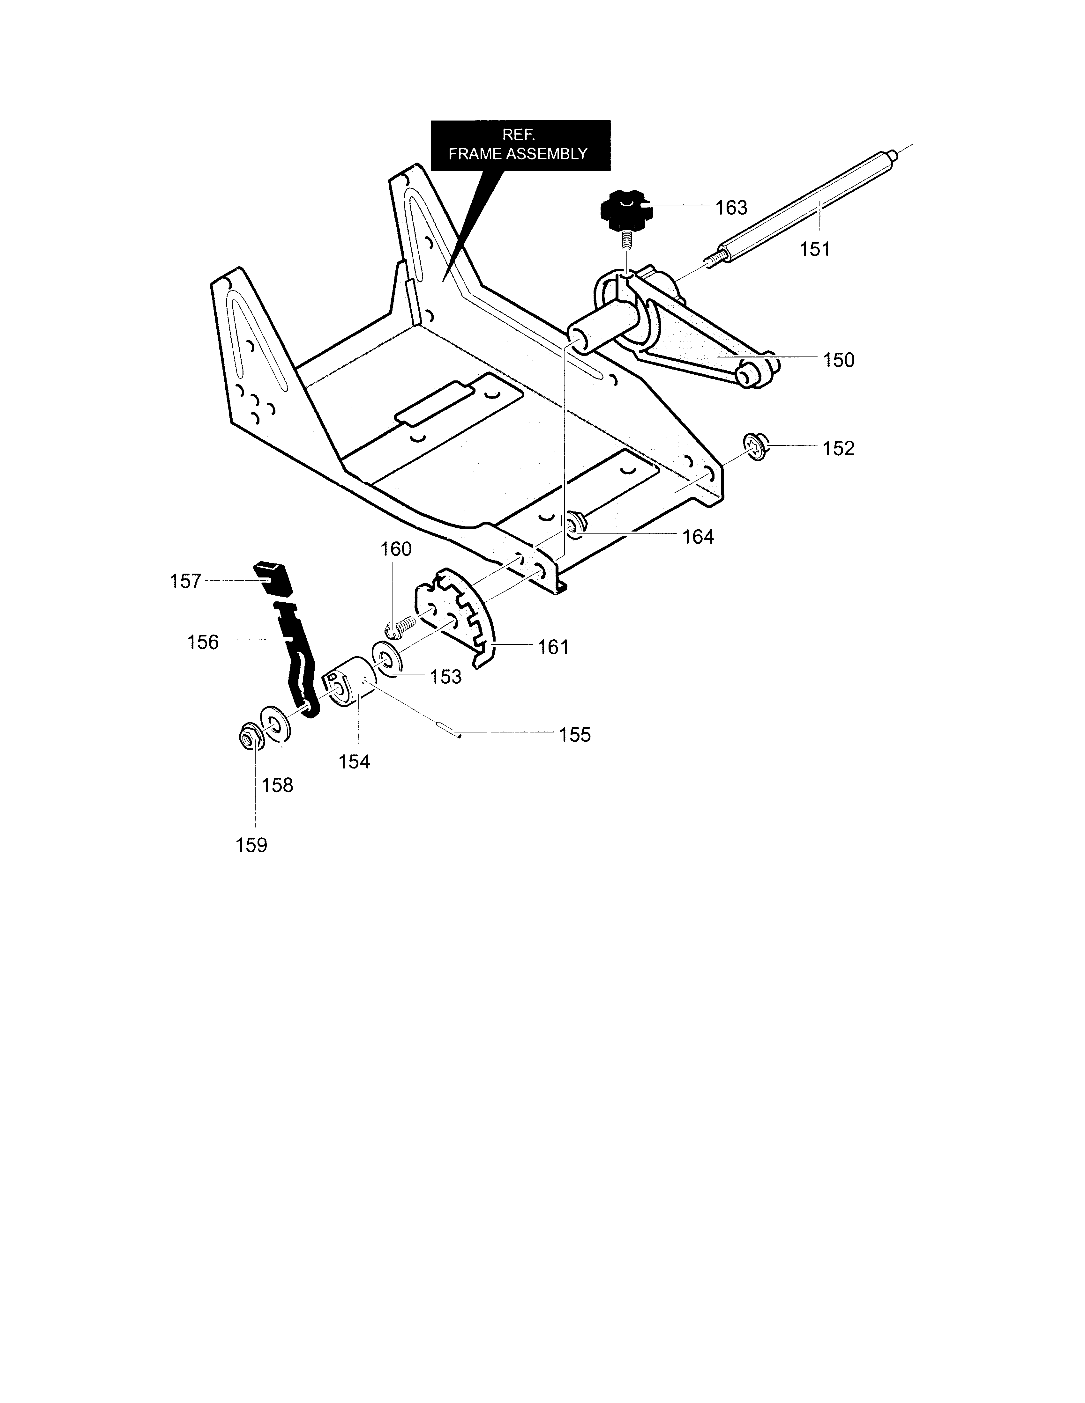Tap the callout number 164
click(698, 536)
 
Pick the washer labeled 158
click(275, 725)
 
